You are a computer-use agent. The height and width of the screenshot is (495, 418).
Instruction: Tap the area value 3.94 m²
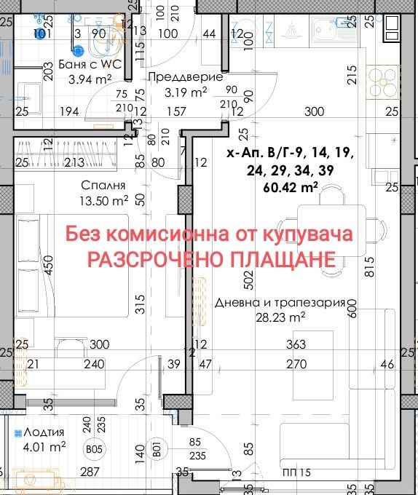click(90, 79)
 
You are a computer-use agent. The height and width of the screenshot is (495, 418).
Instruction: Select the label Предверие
click(176, 76)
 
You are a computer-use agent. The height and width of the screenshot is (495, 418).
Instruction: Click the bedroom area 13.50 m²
click(105, 200)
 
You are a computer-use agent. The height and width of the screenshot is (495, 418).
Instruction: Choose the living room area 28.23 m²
click(280, 317)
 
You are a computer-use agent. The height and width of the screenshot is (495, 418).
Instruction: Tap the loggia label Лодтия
click(39, 432)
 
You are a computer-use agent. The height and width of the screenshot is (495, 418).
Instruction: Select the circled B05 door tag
click(94, 450)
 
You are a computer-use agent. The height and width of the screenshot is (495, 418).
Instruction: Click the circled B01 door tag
click(156, 450)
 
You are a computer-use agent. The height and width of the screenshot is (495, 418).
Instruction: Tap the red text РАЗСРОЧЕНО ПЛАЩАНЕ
click(211, 259)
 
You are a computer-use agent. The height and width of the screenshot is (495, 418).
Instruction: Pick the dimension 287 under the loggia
click(89, 472)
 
